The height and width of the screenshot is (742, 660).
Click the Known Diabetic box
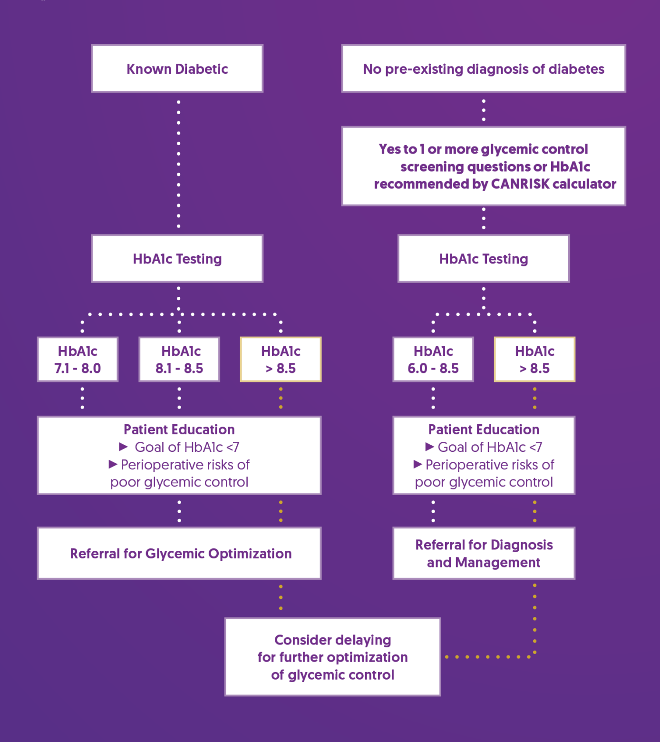pyautogui.click(x=177, y=68)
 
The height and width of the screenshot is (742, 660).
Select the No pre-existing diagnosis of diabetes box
pyautogui.click(x=483, y=68)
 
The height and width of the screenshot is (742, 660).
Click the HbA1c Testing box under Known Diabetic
pyautogui.click(x=177, y=259)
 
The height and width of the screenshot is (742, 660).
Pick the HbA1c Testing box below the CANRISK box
pyautogui.click(x=483, y=259)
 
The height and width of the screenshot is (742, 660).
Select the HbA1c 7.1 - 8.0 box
pyautogui.click(x=78, y=360)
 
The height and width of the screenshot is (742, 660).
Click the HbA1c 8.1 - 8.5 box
pyautogui.click(x=179, y=360)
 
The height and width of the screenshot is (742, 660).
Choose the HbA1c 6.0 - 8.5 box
pyautogui.click(x=433, y=360)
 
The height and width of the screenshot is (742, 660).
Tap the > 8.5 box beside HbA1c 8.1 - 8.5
pyautogui.click(x=281, y=360)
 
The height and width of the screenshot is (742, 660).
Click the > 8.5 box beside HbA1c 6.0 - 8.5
pyautogui.click(x=534, y=360)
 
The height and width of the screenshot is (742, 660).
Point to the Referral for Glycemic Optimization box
pyautogui.click(x=179, y=553)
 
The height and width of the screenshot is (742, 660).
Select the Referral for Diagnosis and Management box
pyautogui.click(x=484, y=553)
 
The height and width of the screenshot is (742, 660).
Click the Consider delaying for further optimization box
pyautogui.click(x=332, y=657)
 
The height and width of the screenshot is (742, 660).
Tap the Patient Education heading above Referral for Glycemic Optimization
pyautogui.click(x=179, y=430)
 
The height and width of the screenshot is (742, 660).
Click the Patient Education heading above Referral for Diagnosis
pyautogui.click(x=484, y=430)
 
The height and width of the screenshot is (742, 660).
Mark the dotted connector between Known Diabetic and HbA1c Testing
pyautogui.click(x=178, y=164)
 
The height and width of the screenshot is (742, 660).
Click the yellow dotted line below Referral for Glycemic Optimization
pyautogui.click(x=281, y=598)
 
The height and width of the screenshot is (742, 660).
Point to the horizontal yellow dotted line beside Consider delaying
pyautogui.click(x=487, y=657)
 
